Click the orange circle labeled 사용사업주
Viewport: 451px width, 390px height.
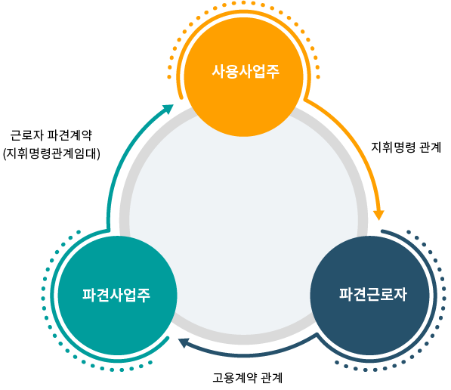243,76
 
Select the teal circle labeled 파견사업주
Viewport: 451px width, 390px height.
117,296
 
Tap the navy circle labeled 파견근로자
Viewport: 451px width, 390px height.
370,296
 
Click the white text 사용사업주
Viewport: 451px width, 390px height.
246,71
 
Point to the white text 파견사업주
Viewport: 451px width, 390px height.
116,295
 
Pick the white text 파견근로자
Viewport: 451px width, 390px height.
372,294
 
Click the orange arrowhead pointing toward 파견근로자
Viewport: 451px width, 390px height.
378,215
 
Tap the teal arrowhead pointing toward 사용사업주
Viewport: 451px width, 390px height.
168,109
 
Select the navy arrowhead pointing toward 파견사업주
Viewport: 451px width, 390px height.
184,343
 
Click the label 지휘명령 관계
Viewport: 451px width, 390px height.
406,147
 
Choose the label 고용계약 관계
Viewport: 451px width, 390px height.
247,378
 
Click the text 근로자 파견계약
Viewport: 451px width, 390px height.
51,135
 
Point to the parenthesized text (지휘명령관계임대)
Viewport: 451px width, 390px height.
51,153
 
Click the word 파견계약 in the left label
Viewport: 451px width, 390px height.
70,135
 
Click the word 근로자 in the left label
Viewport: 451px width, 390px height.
26,135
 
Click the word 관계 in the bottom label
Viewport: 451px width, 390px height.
272,378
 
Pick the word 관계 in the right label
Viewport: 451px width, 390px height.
431,147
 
